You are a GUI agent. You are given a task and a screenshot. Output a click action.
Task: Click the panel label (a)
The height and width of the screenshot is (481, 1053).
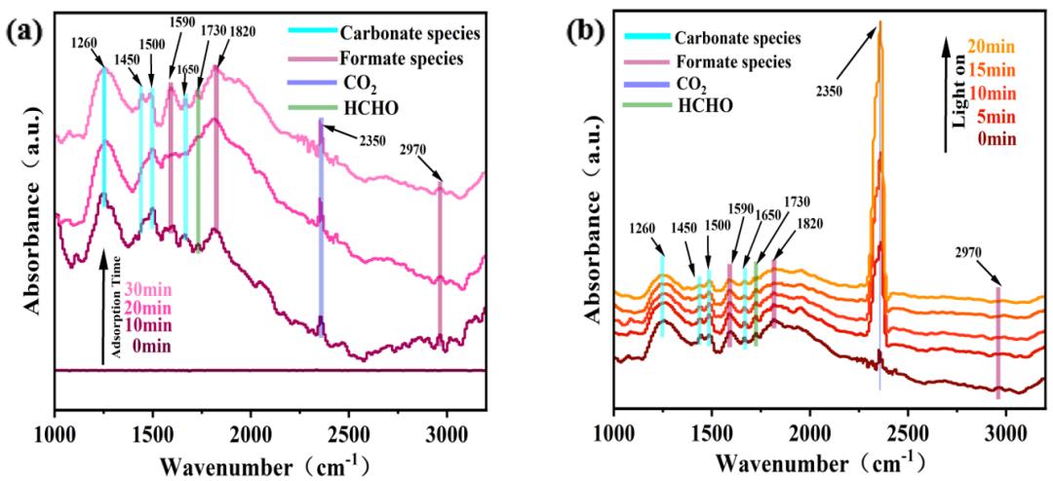point(23,30)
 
